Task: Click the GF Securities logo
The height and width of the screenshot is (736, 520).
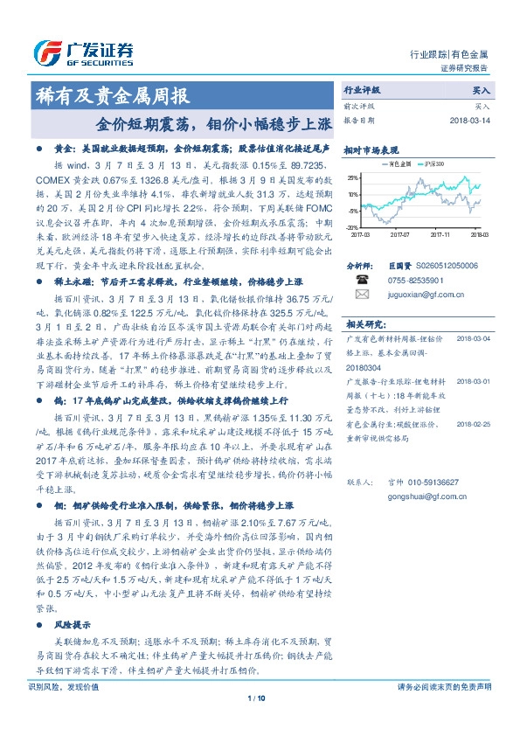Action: click(82, 53)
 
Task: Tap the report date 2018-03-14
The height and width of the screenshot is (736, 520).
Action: click(470, 121)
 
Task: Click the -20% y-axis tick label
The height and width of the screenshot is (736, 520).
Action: click(350, 227)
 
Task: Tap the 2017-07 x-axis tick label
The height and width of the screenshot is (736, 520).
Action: click(399, 234)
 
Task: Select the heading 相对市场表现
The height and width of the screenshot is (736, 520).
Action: click(371, 149)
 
